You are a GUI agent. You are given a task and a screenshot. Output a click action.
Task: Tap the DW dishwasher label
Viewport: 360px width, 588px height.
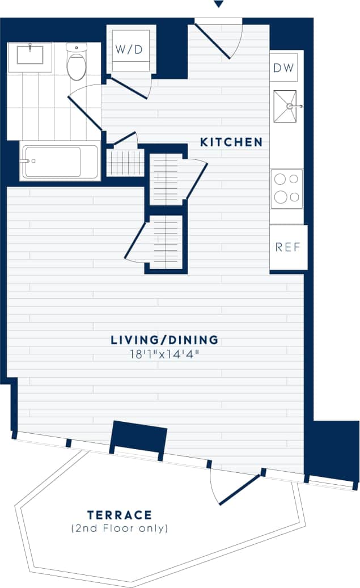(283, 68)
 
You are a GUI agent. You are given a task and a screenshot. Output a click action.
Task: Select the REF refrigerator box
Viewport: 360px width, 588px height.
(287, 247)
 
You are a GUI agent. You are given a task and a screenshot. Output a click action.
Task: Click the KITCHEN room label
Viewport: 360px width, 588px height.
(231, 142)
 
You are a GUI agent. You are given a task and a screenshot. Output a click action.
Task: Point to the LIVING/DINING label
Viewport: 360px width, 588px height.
(164, 340)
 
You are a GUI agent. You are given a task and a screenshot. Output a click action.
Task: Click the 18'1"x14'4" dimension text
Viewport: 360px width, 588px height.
(164, 355)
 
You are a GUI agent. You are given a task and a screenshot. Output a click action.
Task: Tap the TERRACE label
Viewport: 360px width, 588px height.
(120, 515)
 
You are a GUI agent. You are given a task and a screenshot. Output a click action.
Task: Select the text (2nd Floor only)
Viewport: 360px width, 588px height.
(120, 528)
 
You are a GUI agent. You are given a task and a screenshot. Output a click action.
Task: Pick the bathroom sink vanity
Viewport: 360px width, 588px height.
(29, 56)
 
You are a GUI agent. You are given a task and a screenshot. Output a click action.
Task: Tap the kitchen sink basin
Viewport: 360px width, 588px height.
(286, 106)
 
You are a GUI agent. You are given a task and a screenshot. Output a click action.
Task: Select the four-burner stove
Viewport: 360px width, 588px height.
(286, 189)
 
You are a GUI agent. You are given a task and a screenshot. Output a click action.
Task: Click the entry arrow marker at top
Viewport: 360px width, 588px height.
(218, 5)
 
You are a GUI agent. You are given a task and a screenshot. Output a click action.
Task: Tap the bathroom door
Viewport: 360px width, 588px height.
(85, 111)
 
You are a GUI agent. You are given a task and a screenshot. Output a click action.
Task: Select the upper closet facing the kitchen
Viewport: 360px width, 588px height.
(167, 179)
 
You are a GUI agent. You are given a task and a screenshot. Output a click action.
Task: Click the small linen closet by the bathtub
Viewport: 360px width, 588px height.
(125, 162)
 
